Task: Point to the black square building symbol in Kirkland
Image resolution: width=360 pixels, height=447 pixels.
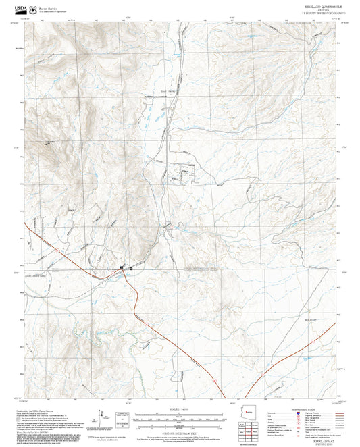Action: coord(122,269)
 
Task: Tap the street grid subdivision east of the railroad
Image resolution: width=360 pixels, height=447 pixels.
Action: coord(184,173)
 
